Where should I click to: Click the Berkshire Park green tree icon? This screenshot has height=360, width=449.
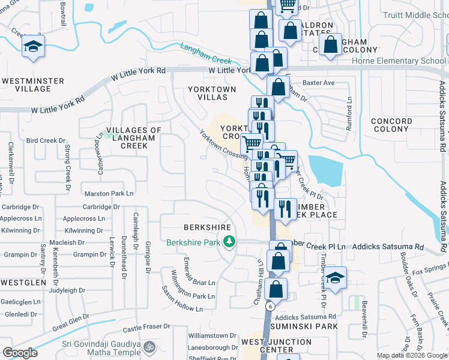pos(229,242)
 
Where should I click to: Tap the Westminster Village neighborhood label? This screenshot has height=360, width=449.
pos(26,84)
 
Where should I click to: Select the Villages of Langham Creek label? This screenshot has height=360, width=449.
pos(134,138)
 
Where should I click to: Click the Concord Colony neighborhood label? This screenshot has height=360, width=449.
pos(391,125)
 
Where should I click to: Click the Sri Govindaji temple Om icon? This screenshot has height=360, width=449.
pos(150,346)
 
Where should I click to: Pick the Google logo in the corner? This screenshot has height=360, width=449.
pos(20,353)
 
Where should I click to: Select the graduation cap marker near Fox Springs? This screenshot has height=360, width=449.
pos(336,277)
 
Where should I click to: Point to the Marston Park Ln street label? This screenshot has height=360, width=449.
pos(109,194)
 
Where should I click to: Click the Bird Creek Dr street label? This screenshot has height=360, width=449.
pos(46,140)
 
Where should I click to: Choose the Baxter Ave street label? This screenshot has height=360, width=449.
pos(318,83)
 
